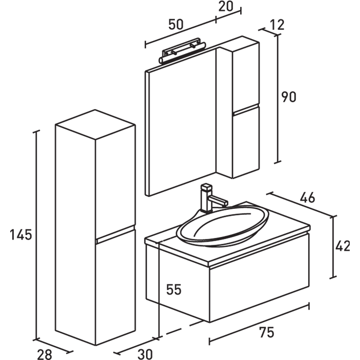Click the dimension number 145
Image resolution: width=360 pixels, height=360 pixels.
pos(21,235)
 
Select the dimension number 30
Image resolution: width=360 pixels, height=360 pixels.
pos(145,353)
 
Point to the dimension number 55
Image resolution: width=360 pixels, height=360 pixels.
pos(174,290)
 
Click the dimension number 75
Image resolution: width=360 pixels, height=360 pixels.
pos(266,333)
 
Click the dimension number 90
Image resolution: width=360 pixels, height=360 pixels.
pos(289,97)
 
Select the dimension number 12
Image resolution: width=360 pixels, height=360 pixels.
pos(276,25)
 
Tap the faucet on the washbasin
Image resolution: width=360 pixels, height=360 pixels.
pos(209,198)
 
